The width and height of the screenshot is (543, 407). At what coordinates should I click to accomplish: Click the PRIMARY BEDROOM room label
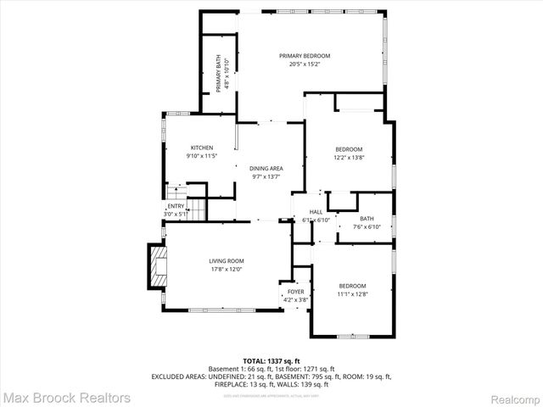[305, 56]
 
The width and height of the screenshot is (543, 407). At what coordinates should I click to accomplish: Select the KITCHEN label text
[201, 148]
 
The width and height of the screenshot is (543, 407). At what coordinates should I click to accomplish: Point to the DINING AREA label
[266, 168]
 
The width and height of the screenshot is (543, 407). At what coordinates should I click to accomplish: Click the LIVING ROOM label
[227, 261]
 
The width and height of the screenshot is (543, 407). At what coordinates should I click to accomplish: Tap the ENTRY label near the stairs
[176, 206]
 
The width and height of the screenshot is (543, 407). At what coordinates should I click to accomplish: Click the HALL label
[316, 212]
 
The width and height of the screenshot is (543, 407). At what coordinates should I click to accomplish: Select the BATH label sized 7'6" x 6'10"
[367, 219]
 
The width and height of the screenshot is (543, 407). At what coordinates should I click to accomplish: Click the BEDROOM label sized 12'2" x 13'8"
[348, 149]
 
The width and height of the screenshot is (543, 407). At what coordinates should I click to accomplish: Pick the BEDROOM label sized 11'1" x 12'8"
[352, 286]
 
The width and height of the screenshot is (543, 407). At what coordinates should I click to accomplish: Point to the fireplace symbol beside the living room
[156, 267]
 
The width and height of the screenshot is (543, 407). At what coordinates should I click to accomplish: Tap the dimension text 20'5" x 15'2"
[305, 64]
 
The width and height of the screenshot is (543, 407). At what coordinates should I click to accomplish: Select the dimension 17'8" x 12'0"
[227, 270]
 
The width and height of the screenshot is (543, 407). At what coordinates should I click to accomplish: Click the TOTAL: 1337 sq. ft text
[271, 360]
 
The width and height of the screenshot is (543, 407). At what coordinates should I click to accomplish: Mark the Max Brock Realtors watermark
[66, 397]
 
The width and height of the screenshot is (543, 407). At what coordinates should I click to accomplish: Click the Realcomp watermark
[510, 397]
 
